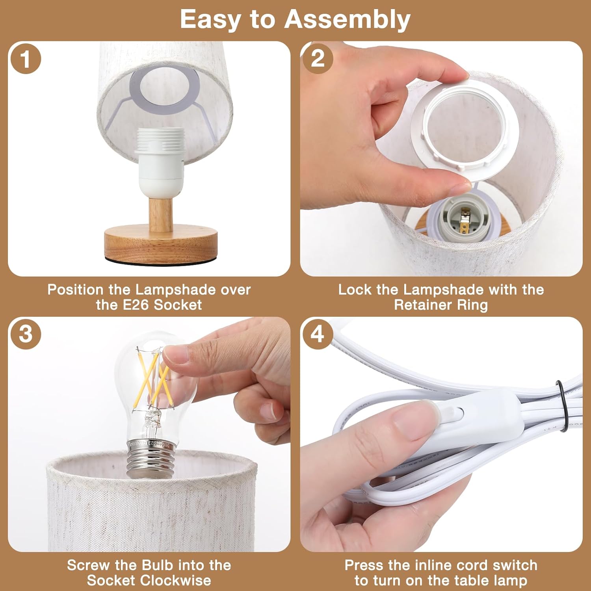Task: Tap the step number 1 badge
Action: pyautogui.click(x=25, y=59)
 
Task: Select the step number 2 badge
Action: pyautogui.click(x=318, y=59)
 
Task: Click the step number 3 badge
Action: pyautogui.click(x=25, y=334)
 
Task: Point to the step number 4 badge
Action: pyautogui.click(x=318, y=334)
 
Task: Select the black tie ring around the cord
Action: pyautogui.click(x=563, y=406)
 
